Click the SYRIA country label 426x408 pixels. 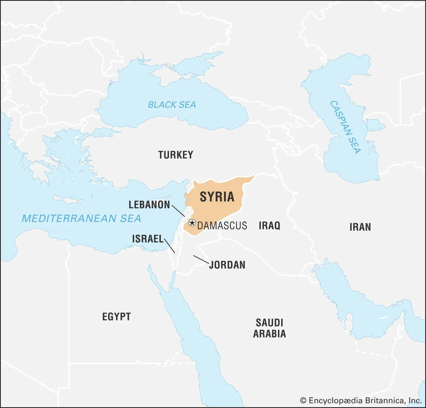point(217,197)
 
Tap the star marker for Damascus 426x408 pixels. point(192,223)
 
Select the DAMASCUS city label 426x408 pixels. point(222,226)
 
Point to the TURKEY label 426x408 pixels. point(176,155)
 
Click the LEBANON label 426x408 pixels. point(149,205)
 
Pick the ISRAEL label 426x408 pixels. point(148,239)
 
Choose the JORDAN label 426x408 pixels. point(227,265)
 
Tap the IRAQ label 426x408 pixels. point(269,226)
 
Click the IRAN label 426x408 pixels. point(360,227)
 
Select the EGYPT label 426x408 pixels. point(116,317)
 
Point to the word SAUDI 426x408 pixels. point(269,323)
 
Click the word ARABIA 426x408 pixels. point(269,334)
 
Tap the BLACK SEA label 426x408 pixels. point(172,105)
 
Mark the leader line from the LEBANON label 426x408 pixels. point(178,211)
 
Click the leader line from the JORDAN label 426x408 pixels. point(201,259)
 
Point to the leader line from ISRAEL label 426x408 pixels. point(170,246)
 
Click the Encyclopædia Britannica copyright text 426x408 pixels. point(361,400)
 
